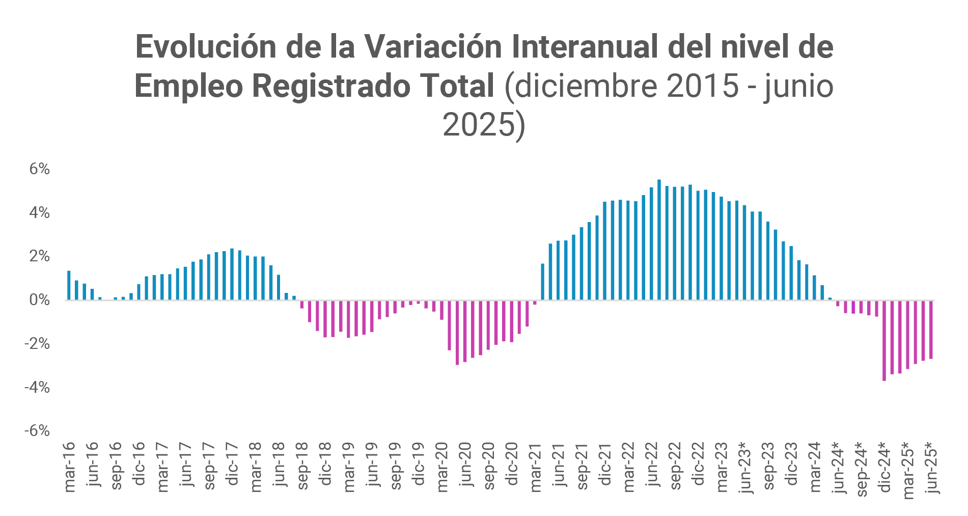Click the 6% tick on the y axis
(39, 169)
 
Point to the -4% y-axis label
(37, 388)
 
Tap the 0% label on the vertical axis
(39, 300)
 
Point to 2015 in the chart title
(702, 86)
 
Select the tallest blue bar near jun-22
(659, 239)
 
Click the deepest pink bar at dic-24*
(884, 340)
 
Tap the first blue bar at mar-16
(69, 285)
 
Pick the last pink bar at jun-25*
(931, 329)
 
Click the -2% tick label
(37, 344)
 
